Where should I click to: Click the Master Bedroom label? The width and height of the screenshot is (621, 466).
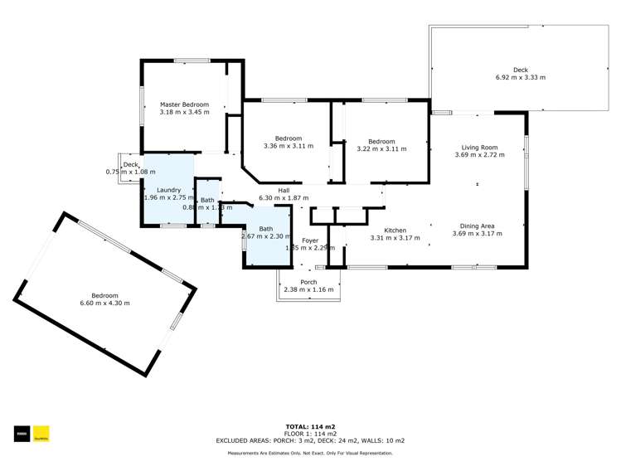(x=184, y=104)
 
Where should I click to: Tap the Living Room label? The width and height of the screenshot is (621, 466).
(x=479, y=148)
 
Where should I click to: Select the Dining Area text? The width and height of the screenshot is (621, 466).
(x=478, y=226)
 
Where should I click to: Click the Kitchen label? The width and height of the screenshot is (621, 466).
(x=395, y=230)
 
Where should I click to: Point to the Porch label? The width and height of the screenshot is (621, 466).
(x=308, y=282)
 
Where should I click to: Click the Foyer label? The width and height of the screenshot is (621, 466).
(x=309, y=240)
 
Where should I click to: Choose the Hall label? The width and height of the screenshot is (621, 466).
(x=284, y=190)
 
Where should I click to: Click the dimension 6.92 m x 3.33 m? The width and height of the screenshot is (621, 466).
(x=520, y=77)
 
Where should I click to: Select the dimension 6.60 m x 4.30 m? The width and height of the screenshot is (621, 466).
(x=104, y=303)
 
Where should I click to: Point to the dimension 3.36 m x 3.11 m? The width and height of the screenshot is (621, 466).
(x=277, y=146)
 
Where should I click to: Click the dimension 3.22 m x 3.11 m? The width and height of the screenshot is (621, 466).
(x=381, y=149)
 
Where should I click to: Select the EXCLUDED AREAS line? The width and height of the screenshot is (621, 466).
(x=310, y=440)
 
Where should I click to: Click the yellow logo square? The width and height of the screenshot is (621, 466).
(x=41, y=433)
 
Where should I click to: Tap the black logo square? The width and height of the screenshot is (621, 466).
(x=21, y=433)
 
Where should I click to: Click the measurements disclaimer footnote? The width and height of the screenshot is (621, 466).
(x=310, y=453)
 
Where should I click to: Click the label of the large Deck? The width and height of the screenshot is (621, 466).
(x=520, y=70)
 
